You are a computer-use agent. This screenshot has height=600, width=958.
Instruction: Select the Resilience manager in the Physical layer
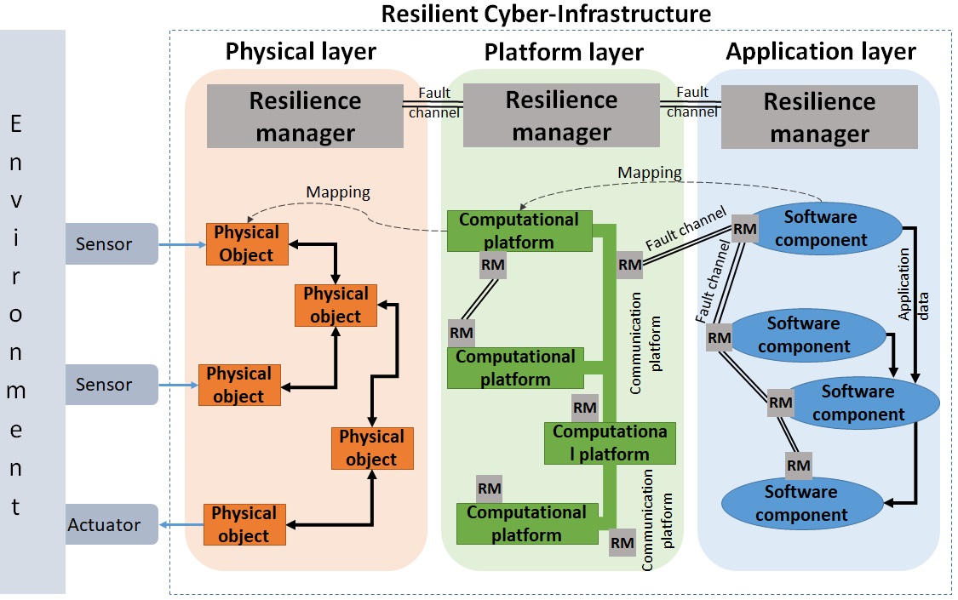point(305,116)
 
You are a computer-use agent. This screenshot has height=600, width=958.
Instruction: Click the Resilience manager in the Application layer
point(818,117)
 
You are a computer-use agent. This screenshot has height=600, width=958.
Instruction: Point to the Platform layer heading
point(563,52)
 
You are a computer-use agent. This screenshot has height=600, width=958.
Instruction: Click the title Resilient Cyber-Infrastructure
point(546,14)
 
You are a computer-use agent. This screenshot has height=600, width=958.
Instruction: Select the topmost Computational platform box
point(519,231)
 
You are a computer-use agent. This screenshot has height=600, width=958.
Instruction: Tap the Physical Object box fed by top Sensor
point(247,243)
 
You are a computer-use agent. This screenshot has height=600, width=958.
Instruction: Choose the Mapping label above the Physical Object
point(338,191)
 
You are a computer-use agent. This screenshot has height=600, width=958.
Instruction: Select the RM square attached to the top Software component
point(745,229)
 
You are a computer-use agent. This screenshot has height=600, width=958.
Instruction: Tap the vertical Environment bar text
point(16,316)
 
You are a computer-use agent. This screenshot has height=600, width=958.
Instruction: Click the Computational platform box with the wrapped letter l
point(611,443)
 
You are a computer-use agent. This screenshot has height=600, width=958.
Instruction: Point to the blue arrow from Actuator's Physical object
point(181,525)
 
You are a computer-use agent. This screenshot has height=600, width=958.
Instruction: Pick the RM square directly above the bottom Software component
point(798,465)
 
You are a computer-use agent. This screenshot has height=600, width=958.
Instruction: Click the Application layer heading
point(820,52)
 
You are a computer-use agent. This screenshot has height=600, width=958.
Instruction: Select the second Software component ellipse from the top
point(804,334)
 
